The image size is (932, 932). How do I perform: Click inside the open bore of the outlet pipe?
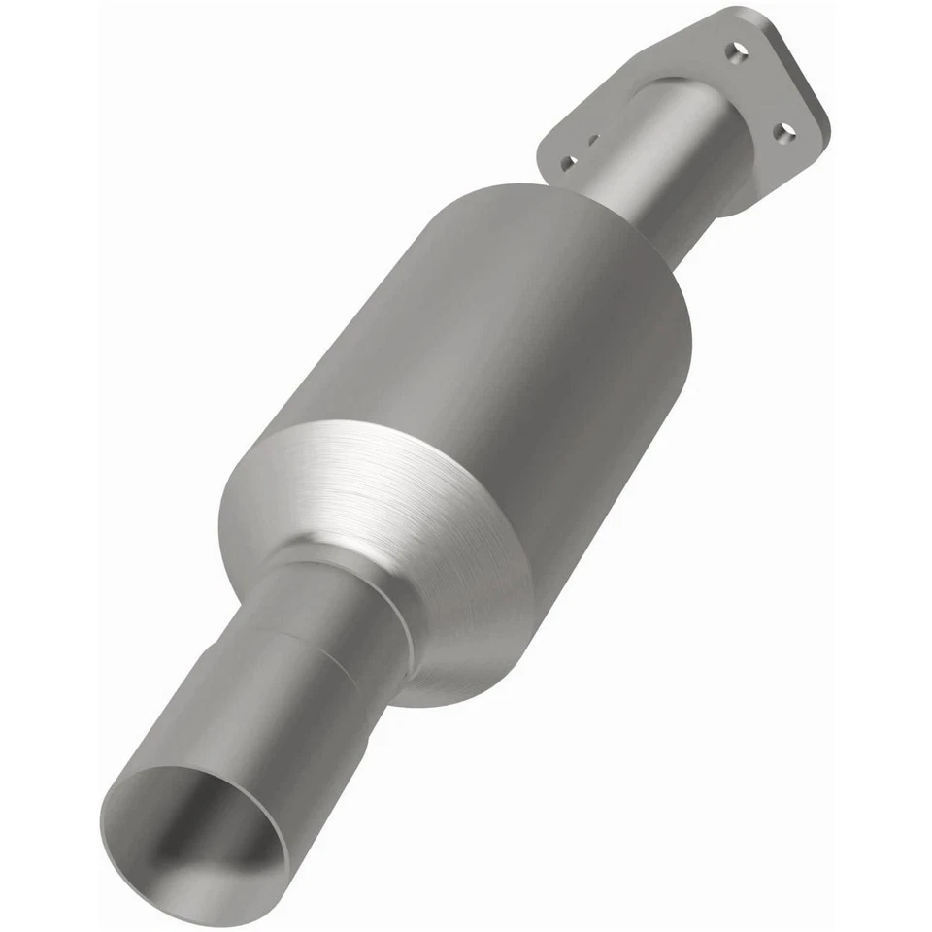pos(199,825)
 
